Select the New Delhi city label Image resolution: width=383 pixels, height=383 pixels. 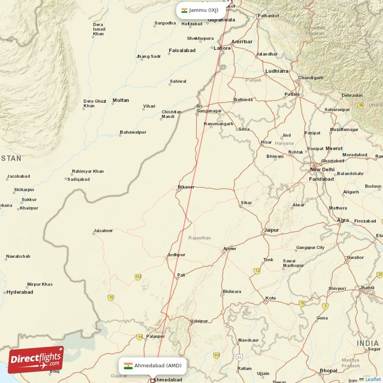tap(322, 169)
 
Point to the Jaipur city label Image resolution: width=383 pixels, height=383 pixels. tap(271, 230)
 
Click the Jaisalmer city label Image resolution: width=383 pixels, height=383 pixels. tap(103, 231)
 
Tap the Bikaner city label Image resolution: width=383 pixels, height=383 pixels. tap(186, 187)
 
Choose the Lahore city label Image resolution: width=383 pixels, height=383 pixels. tap(222, 48)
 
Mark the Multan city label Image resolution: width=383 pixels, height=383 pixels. tap(120, 100)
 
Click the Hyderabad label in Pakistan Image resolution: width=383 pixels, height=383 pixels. tap(20, 292)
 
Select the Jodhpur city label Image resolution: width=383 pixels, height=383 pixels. tap(176, 255)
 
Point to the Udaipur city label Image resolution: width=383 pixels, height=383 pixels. tap(199, 321)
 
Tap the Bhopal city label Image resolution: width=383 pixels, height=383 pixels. tap(328, 371)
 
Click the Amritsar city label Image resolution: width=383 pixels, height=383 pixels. tap(241, 42)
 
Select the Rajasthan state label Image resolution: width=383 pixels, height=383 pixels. tap(200, 237)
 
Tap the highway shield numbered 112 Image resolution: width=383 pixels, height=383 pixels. tap(138, 277)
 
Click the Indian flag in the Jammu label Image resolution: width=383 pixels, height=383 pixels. tap(184, 10)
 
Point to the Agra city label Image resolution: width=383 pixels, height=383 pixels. tap(343, 220)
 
